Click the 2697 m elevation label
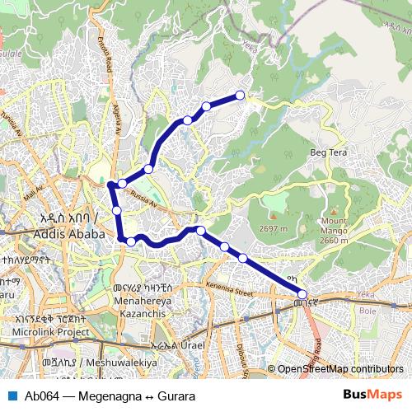coord(272,228)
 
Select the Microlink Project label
coord(50,331)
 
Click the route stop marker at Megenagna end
coord(302,294)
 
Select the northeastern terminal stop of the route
coord(241,96)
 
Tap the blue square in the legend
coord(11,396)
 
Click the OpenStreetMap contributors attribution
coord(340,369)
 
